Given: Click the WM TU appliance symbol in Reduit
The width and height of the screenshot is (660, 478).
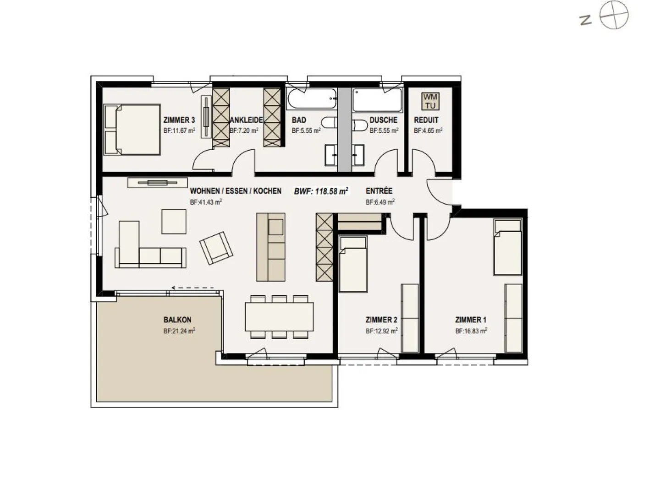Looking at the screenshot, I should [x=430, y=101].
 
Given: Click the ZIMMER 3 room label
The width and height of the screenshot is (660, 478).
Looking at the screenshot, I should [x=179, y=120].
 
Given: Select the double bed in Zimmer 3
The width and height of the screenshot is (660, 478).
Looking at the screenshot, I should [x=132, y=130].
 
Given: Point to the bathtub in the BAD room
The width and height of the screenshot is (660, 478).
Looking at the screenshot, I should [x=312, y=99].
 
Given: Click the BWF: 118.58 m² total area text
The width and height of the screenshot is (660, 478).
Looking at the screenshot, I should [x=321, y=191].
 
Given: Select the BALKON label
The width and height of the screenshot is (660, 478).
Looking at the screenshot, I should [x=177, y=320].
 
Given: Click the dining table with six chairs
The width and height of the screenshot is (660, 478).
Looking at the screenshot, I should [x=279, y=316].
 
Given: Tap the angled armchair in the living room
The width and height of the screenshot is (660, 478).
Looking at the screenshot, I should [x=216, y=248].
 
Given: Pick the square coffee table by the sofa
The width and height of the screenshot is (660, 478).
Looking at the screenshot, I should [x=174, y=222].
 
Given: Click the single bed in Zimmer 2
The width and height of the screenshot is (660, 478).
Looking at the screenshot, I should [x=353, y=264].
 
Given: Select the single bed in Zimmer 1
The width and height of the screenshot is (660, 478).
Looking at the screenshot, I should [x=507, y=247].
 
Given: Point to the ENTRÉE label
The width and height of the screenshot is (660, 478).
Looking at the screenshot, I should [x=379, y=191].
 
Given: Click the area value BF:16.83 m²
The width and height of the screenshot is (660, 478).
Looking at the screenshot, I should [x=471, y=331].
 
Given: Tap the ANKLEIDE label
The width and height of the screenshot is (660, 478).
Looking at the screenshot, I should [x=246, y=120].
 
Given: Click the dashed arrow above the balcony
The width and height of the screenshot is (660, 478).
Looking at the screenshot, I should [x=192, y=288].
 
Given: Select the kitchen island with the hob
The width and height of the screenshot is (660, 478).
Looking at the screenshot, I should [x=270, y=247].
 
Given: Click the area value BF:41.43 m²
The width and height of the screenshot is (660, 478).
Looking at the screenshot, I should [x=206, y=202].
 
